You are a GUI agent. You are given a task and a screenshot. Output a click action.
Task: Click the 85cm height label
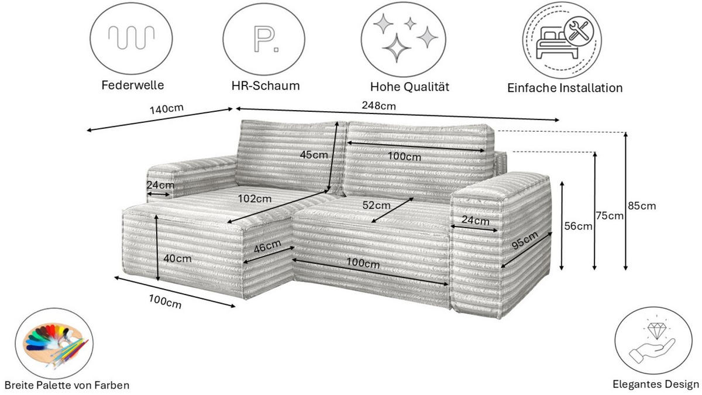pyautogui.click(x=641, y=206)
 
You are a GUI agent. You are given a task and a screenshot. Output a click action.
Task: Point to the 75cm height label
pyautogui.click(x=610, y=216)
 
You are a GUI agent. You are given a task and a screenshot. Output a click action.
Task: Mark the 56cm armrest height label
pyautogui.click(x=578, y=226)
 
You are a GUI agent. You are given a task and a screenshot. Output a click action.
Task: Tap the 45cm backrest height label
pyautogui.click(x=314, y=155)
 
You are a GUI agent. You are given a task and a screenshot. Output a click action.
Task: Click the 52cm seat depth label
pyautogui.click(x=376, y=205)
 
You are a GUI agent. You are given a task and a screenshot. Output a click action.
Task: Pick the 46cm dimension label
pyautogui.click(x=267, y=246)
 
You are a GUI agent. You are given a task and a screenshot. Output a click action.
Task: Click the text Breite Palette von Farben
pyautogui.click(x=66, y=385)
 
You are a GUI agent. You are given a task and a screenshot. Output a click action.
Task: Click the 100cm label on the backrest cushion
pyautogui.click(x=404, y=157)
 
